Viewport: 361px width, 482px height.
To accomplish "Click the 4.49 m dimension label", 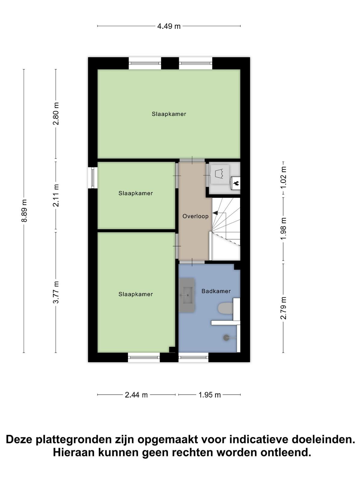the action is coord(169,26).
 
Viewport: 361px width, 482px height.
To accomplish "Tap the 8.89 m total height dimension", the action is coord(24,211).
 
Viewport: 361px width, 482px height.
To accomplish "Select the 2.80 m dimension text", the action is coord(56,114).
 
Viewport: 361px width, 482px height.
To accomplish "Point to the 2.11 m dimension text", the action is coord(56,196).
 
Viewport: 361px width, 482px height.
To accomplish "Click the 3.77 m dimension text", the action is coord(56,292).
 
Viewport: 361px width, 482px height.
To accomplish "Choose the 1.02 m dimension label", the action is coord(284,178).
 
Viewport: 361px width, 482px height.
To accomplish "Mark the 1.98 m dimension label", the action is coord(284,229).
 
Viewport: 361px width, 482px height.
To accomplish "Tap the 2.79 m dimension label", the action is coord(284,308).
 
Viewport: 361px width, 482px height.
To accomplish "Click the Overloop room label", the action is coord(196,216).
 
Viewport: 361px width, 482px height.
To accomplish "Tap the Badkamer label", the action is coord(216,291).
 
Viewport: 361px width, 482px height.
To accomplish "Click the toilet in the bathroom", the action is coord(225,308).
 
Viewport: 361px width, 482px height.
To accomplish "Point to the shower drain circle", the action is coord(226,337).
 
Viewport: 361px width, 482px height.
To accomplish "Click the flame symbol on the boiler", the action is coord(236,183).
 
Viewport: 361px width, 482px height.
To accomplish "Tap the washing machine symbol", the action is coord(220,174).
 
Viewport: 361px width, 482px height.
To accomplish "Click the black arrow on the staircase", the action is coord(215,213).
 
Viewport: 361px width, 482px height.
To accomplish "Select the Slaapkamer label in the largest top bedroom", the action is coord(169,114).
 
